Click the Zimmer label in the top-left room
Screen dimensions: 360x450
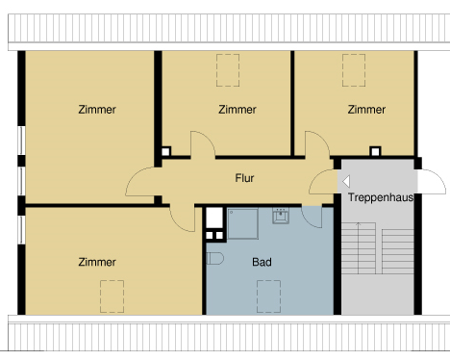pos(97,110)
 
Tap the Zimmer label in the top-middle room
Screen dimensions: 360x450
pos(237,110)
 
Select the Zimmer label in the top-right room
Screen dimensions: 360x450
pos(366,109)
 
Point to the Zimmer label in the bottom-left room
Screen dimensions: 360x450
pos(97,261)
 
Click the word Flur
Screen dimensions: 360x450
pos(245,178)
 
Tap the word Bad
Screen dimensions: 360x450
pos(262,261)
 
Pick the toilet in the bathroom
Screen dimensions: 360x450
pos(213,258)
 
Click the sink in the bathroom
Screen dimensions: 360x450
pos(281,216)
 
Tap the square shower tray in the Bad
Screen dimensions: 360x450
pos(242,222)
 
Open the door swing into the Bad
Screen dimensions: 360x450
pos(313,216)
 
